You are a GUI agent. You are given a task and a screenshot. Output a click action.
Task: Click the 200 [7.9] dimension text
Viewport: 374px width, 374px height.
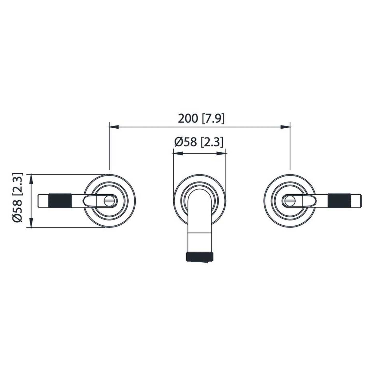point(201,119)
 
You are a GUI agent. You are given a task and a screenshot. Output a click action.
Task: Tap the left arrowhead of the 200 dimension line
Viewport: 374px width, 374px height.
point(114,127)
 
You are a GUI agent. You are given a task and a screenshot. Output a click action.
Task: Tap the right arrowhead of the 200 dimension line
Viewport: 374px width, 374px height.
point(285,127)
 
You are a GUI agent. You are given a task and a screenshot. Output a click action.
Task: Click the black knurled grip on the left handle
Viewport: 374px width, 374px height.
point(60,201)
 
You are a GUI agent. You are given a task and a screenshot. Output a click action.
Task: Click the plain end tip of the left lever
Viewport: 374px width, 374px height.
point(43,201)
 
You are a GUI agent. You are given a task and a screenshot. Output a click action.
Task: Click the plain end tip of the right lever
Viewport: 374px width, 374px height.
point(356,201)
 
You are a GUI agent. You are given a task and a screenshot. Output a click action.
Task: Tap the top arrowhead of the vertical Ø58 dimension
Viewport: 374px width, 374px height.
point(31,179)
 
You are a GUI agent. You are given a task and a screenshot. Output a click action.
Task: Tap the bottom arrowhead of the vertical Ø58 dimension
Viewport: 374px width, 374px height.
point(31,223)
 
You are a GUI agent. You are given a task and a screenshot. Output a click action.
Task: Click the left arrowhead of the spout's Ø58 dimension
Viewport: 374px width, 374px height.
point(178,153)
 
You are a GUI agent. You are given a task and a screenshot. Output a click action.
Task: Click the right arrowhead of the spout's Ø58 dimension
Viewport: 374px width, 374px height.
point(222,153)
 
